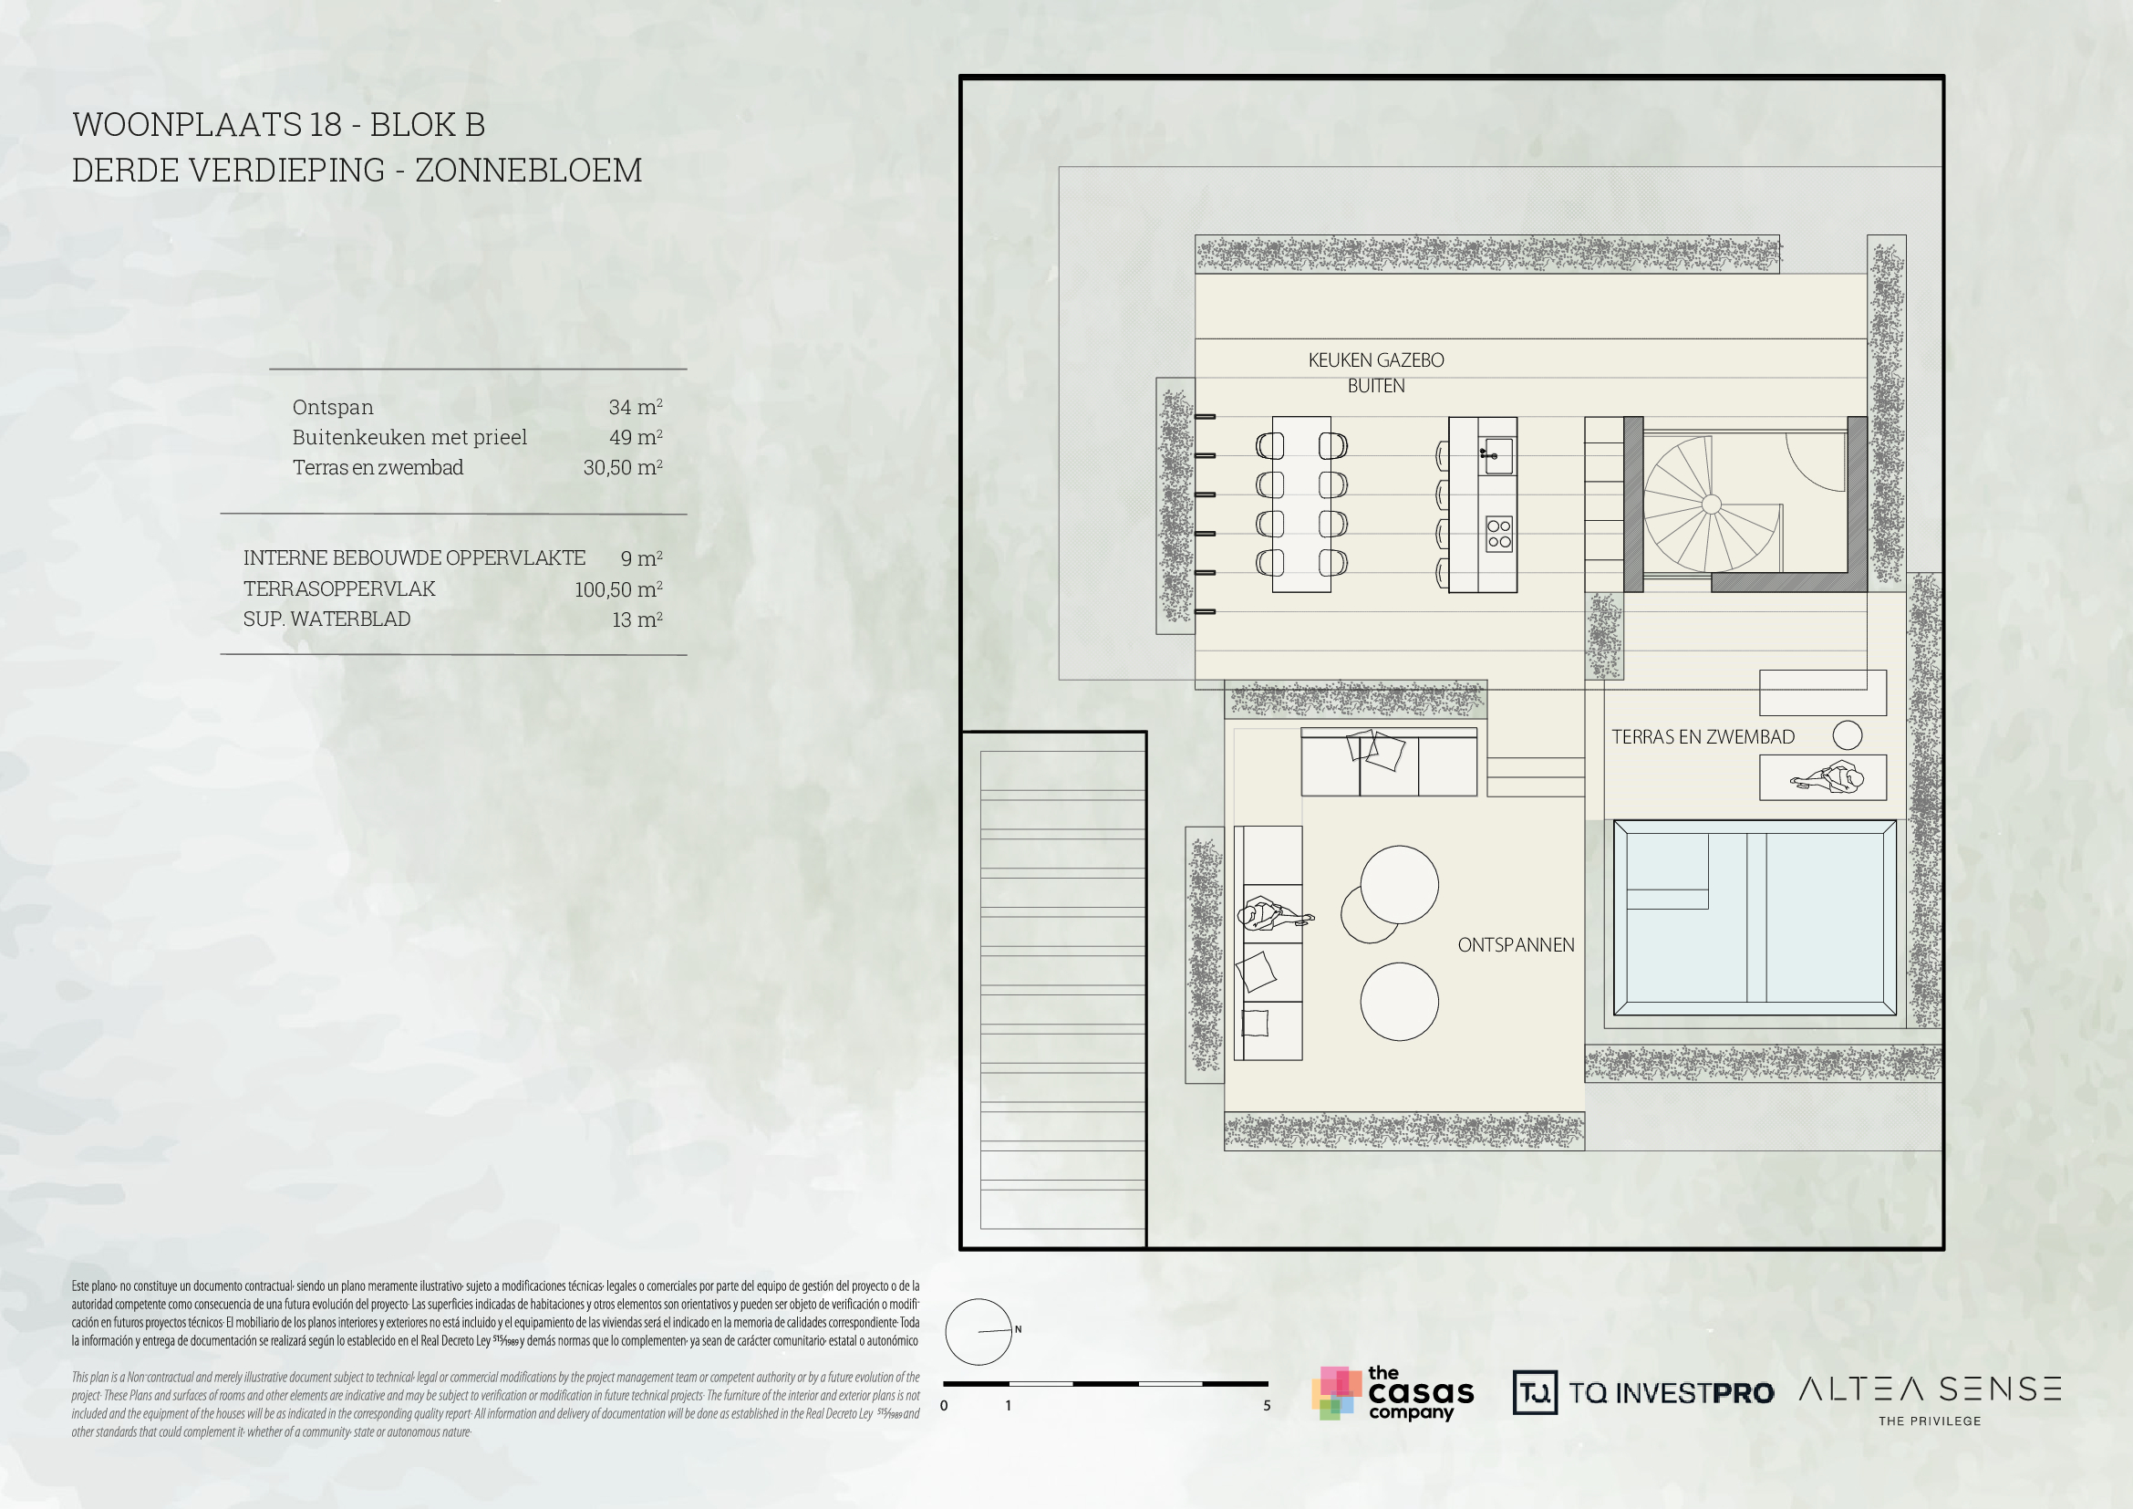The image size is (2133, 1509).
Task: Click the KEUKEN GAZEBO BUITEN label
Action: click(x=1376, y=372)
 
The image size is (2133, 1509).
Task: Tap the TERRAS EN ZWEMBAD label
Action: click(x=1702, y=737)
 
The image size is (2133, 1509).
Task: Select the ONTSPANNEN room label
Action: click(x=1516, y=945)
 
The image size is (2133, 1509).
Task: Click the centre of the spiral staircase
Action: click(x=1711, y=505)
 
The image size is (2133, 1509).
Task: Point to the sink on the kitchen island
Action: click(x=1496, y=455)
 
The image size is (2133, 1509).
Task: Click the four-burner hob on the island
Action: click(x=1498, y=534)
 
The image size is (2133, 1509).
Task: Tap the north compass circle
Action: click(x=978, y=1331)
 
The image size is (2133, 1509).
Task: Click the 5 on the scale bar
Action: click(x=1267, y=1406)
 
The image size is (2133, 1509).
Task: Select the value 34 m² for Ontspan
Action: click(x=636, y=407)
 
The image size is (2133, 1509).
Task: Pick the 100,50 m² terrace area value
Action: click(x=617, y=589)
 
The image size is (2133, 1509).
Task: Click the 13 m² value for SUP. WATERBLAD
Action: click(x=637, y=619)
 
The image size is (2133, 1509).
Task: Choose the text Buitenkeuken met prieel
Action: click(x=409, y=437)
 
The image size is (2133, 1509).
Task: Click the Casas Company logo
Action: click(x=1393, y=1393)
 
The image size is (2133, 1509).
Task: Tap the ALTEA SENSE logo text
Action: click(x=1930, y=1390)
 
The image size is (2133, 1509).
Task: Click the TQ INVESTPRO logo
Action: click(x=1642, y=1393)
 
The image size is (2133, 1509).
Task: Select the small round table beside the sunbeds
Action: click(x=1847, y=735)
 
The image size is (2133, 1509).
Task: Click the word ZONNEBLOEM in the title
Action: click(x=528, y=171)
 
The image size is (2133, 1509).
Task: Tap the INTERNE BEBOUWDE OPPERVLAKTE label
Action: click(x=414, y=557)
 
